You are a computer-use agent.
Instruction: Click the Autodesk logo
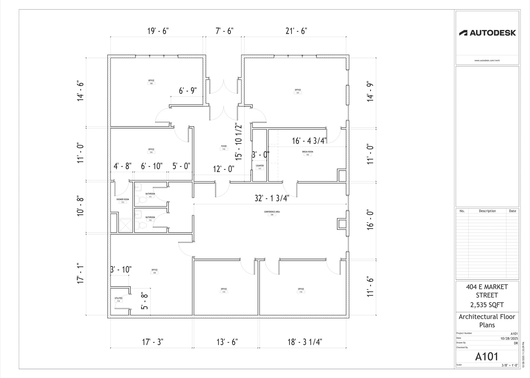pos(487,33)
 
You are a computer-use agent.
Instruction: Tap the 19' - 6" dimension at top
pos(158,31)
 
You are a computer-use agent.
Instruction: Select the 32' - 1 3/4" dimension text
pos(272,198)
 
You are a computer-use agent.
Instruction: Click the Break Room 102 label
pos(307,153)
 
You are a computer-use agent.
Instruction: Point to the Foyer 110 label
pos(224,148)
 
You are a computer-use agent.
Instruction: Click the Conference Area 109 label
pos(272,213)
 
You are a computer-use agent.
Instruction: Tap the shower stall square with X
pos(126,225)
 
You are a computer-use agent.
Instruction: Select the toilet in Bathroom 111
pos(142,200)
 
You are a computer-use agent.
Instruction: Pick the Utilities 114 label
pos(119,299)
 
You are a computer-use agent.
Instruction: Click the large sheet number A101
pos(487,357)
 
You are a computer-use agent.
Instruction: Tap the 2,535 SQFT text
pos(487,305)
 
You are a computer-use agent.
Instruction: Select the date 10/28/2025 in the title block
pos(509,338)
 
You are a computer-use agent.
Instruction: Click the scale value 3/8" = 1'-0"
pos(510,365)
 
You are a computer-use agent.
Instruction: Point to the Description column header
pos(487,211)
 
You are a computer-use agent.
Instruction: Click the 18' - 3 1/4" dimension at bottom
pos(305,342)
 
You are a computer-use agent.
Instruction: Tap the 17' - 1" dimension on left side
pos(80,274)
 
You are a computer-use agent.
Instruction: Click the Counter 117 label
pos(260,167)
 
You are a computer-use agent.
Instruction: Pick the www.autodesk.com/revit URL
pos(487,60)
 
